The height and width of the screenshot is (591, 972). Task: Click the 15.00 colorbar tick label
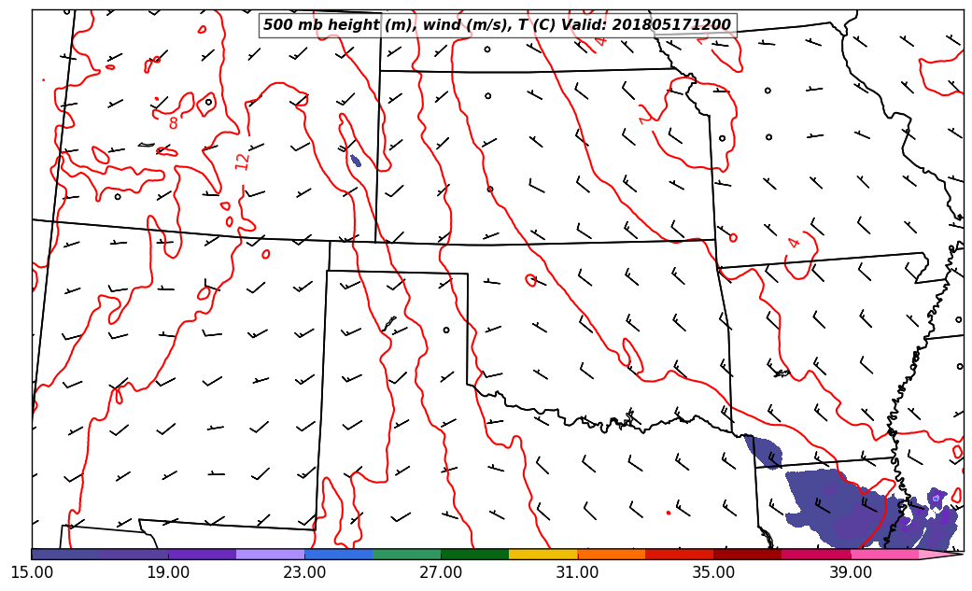click(x=32, y=571)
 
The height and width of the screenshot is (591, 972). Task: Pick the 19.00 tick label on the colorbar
click(x=168, y=571)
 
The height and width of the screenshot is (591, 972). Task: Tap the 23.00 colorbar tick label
click(x=304, y=571)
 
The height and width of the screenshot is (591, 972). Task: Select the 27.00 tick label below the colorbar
click(x=441, y=571)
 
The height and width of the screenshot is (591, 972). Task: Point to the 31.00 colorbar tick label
click(x=577, y=571)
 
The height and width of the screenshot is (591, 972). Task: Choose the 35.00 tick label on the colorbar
click(x=713, y=571)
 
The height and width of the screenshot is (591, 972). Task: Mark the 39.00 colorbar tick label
click(x=850, y=571)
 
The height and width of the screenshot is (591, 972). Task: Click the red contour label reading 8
click(x=173, y=122)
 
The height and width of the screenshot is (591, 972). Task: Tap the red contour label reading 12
click(x=243, y=161)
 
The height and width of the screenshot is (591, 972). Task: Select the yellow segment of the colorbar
click(x=542, y=555)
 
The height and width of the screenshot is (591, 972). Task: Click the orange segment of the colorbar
click(x=611, y=555)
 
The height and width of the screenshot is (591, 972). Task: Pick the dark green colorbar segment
click(x=474, y=555)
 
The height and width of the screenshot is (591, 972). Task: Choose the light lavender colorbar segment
click(x=270, y=555)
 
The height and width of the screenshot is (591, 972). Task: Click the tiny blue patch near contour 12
click(x=355, y=161)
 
